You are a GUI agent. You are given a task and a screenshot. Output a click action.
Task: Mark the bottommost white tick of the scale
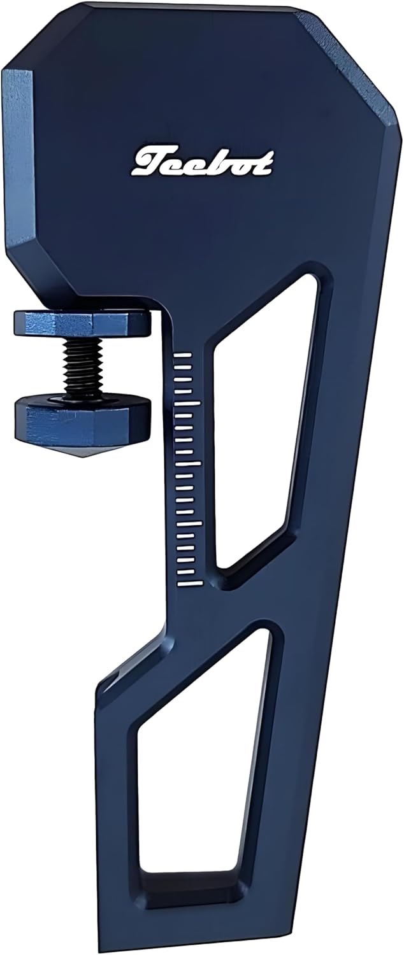click(x=189, y=581)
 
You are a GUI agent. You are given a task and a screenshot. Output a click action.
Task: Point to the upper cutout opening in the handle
click(x=268, y=420)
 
